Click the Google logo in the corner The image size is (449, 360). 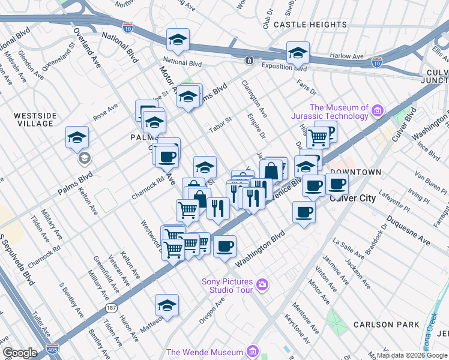tap(20, 353)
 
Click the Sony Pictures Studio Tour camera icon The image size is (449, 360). tap(262, 284)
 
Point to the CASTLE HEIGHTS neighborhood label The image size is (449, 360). tap(310, 25)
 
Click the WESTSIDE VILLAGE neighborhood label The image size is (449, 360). tap(35, 119)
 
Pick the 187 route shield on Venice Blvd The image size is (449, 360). tap(111, 307)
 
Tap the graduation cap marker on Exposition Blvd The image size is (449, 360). tap(298, 52)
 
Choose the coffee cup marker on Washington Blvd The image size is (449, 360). tap(224, 245)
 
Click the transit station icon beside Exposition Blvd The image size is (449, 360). tap(249, 60)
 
